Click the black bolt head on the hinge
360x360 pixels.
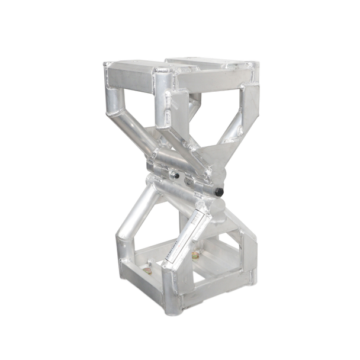(220, 192)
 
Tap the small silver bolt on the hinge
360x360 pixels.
(175, 175)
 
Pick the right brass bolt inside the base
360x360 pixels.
(195, 256)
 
